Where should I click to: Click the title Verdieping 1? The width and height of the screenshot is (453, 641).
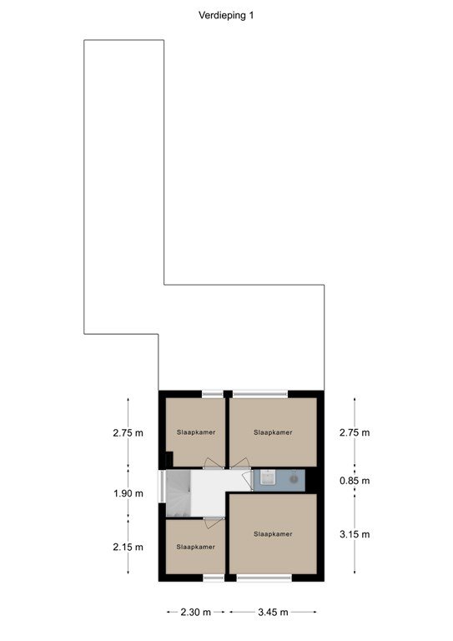click(226, 16)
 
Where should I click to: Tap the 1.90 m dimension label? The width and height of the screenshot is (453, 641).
click(128, 493)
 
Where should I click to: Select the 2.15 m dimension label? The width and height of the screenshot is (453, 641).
click(128, 547)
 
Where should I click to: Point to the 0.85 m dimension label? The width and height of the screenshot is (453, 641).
click(355, 481)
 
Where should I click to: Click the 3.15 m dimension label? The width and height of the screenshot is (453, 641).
click(355, 534)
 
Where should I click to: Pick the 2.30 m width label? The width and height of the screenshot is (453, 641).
click(196, 612)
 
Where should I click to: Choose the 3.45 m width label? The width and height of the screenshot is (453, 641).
click(273, 612)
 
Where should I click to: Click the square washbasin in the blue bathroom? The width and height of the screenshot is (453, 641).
click(267, 477)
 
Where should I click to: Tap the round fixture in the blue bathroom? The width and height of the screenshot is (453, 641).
click(294, 479)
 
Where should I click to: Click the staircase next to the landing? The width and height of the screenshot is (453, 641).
click(178, 493)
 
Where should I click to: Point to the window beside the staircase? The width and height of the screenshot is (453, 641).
click(162, 487)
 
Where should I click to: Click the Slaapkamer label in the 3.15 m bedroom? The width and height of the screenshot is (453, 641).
click(273, 534)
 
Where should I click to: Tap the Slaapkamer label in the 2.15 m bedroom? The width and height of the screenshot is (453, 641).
click(196, 547)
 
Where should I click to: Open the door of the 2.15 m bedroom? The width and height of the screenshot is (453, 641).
click(214, 522)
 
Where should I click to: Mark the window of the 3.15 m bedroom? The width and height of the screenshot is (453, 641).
click(264, 578)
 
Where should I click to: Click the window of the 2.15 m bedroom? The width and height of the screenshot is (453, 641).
click(214, 578)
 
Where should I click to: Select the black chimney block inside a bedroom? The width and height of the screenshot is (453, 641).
click(169, 459)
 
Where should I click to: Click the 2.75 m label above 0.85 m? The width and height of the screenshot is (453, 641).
click(355, 432)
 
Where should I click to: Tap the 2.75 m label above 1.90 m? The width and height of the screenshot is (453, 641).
click(128, 432)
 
